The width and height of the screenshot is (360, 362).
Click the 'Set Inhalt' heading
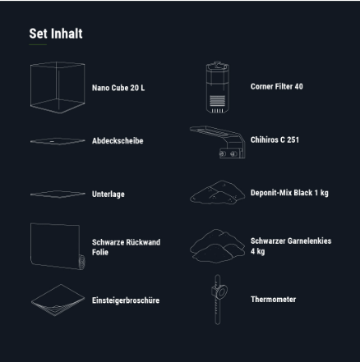pyautogui.click(x=56, y=34)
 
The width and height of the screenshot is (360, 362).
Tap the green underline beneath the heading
pyautogui.click(x=38, y=44)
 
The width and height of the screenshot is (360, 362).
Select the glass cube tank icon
pyautogui.click(x=58, y=88)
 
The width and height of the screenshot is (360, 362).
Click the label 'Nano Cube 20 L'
pyautogui.click(x=118, y=88)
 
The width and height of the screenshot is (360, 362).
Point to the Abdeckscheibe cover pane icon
pyautogui.click(x=58, y=141)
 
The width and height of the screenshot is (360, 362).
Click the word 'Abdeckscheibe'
pyautogui.click(x=118, y=141)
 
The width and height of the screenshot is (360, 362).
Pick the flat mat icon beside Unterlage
pyautogui.click(x=58, y=194)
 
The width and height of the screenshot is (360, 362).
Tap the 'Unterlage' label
pyautogui.click(x=108, y=195)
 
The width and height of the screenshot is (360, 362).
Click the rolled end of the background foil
pyautogui.click(x=81, y=262)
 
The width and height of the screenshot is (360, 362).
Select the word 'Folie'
pyautogui.click(x=100, y=252)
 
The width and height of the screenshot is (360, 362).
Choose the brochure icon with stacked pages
pyautogui.click(x=58, y=300)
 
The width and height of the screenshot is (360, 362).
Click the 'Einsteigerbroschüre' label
pyautogui.click(x=126, y=300)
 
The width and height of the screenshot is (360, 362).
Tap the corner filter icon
pyautogui.click(x=218, y=87)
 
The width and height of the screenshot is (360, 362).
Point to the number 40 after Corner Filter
pyautogui.click(x=298, y=86)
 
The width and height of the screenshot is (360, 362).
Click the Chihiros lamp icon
pyautogui.click(x=218, y=142)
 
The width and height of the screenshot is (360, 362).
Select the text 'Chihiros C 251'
pyautogui.click(x=275, y=140)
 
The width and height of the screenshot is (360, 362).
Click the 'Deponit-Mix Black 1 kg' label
pyautogui.click(x=289, y=193)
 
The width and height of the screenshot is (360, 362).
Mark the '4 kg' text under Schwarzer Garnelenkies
pyautogui.click(x=257, y=251)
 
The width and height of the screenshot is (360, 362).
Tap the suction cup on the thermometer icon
pyautogui.click(x=219, y=292)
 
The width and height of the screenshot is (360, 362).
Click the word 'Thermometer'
pyautogui.click(x=273, y=300)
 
